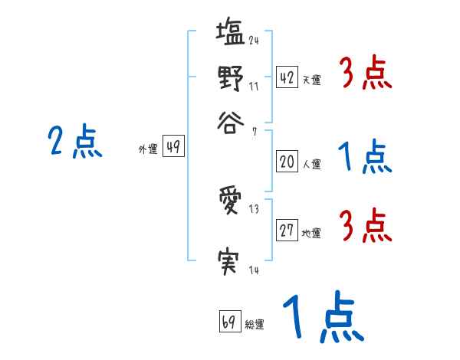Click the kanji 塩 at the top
[231, 34]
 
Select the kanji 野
[231, 77]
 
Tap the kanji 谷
[231, 119]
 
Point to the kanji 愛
[231, 203]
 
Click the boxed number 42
[287, 77]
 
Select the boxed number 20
[287, 162]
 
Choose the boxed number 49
[173, 148]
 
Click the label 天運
[311, 80]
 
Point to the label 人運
[311, 164]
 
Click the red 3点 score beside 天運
[366, 75]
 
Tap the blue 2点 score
[75, 142]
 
